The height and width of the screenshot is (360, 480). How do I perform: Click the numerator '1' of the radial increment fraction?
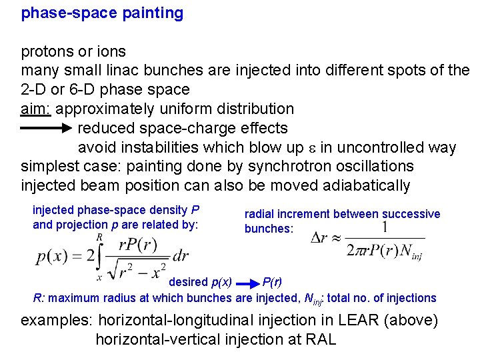tap(385, 228)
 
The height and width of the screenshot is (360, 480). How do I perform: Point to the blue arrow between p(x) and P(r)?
tap(246, 282)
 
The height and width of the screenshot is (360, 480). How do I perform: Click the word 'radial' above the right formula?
tap(259, 214)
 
